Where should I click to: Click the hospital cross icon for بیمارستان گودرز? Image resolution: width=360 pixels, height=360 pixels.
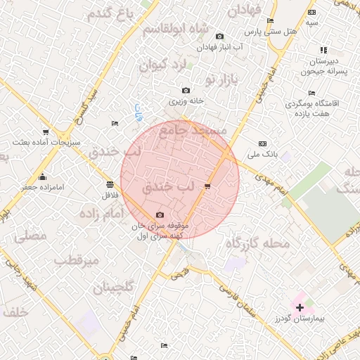300,307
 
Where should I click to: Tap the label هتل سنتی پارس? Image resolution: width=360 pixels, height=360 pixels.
270,32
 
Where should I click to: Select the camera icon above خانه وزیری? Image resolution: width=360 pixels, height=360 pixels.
186,91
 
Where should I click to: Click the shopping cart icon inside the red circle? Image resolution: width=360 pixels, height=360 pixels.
207,186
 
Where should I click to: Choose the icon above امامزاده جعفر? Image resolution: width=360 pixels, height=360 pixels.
42,176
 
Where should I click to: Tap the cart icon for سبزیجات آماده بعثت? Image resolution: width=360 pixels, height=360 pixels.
46,131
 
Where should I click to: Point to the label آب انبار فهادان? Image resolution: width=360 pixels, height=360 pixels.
219,46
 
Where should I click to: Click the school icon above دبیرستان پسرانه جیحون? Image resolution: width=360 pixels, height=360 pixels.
323,50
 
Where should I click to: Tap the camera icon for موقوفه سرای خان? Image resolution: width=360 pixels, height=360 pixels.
160,215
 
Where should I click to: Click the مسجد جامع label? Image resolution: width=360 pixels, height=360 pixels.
193,130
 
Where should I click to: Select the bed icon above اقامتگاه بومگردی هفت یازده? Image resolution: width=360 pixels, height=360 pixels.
311,93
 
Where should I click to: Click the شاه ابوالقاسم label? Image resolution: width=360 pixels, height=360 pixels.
176,30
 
